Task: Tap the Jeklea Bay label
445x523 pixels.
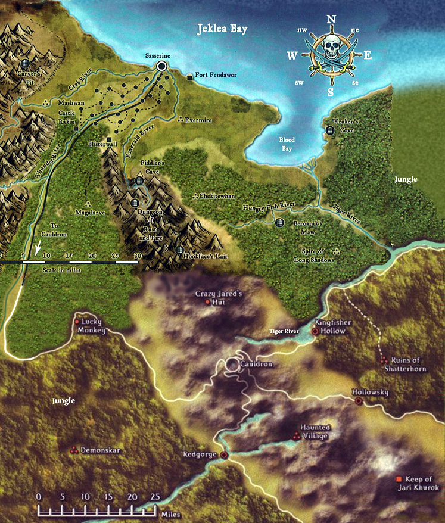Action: click(222, 28)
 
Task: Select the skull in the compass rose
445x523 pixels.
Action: click(330, 48)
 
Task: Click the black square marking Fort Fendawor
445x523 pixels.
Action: click(189, 77)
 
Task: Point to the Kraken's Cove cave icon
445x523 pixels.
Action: click(331, 130)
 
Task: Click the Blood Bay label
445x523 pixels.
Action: click(287, 144)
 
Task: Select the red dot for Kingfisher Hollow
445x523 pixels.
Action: click(315, 331)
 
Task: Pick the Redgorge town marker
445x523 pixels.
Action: click(224, 455)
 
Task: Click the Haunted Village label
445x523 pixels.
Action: click(315, 432)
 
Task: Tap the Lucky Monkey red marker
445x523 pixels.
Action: click(77, 322)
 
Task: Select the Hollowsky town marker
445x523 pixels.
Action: click(359, 401)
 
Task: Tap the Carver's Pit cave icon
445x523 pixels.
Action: click(25, 63)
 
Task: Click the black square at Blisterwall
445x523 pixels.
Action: click(108, 139)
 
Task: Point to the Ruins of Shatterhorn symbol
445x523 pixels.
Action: click(384, 360)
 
